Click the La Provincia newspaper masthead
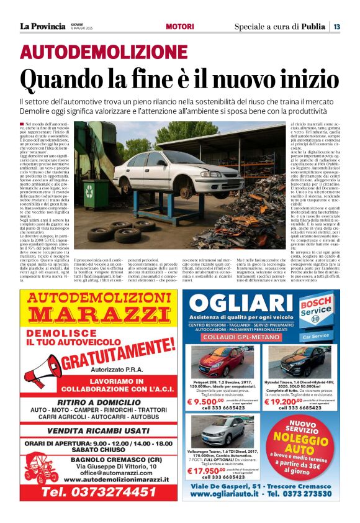click(42, 26)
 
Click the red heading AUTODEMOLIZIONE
click(104, 52)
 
